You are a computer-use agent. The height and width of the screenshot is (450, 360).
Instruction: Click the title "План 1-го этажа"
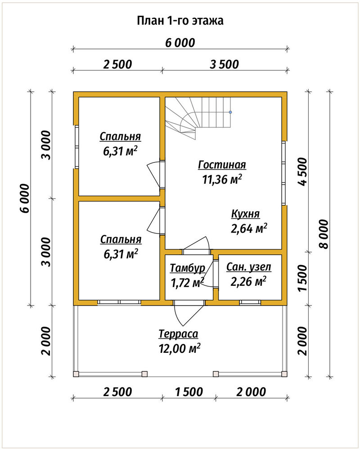click(x=180, y=21)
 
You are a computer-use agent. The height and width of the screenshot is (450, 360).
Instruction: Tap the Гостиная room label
click(x=222, y=165)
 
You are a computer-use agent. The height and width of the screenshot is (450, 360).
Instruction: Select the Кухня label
click(x=245, y=214)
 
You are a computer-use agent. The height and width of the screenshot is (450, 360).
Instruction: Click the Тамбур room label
click(x=188, y=268)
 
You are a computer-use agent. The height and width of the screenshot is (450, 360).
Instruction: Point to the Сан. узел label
click(x=248, y=267)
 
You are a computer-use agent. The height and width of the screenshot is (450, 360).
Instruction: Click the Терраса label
click(x=179, y=334)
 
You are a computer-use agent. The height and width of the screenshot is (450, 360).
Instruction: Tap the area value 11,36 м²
click(x=222, y=180)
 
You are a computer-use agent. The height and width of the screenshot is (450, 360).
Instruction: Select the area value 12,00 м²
click(x=179, y=348)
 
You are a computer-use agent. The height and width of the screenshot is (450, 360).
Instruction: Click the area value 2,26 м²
click(x=248, y=282)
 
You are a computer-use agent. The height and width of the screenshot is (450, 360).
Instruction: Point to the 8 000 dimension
click(x=324, y=234)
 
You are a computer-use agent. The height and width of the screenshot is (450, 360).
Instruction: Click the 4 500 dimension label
click(x=302, y=171)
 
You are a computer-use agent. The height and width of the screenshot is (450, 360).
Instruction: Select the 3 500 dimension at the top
click(x=224, y=64)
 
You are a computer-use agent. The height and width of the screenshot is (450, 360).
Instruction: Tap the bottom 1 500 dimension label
click(x=189, y=392)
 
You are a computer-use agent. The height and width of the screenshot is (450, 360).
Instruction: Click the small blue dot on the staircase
click(x=230, y=112)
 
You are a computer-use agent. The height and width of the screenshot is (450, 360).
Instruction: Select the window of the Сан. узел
click(x=250, y=302)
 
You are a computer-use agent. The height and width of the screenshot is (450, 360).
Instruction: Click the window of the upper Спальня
click(x=76, y=147)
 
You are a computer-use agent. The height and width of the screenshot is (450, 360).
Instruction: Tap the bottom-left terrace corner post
click(x=76, y=374)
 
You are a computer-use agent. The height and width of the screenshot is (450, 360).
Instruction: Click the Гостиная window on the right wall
click(x=283, y=173)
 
